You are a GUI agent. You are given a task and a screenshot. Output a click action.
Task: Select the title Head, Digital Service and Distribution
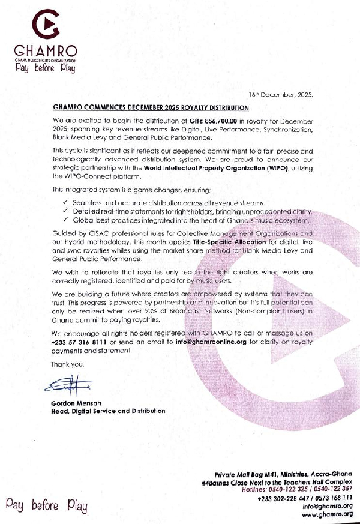tap(108, 411)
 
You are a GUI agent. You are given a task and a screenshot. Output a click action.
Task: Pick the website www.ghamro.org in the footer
tap(326, 514)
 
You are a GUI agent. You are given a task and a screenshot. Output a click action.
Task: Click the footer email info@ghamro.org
tap(330, 506)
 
